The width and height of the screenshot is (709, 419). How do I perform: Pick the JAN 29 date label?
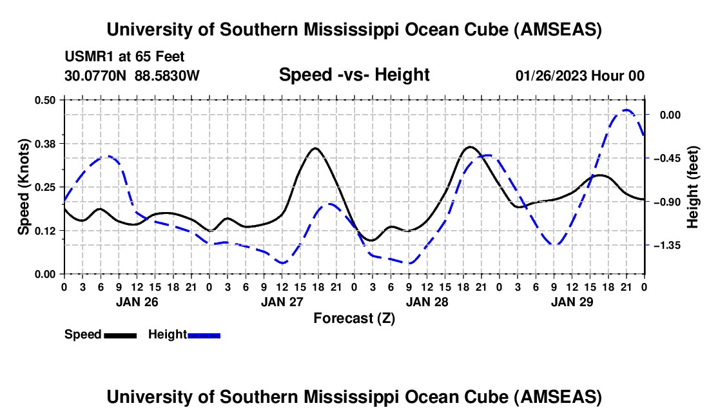572,301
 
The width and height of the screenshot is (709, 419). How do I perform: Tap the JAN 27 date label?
282,301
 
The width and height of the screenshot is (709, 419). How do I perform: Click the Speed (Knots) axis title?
23,187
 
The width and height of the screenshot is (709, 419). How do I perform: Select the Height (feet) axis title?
693,187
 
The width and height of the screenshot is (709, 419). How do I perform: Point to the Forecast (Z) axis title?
354,318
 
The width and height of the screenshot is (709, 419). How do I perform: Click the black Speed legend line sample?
120,335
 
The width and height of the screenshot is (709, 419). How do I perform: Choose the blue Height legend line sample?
204,335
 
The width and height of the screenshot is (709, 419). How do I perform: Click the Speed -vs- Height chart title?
354,75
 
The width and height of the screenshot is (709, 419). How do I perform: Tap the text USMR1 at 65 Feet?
124,57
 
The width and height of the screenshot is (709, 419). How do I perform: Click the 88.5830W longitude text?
168,75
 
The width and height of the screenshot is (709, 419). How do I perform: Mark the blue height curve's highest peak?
625,110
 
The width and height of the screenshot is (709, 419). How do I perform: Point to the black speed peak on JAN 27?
315,148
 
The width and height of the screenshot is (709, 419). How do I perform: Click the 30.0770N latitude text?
97,75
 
